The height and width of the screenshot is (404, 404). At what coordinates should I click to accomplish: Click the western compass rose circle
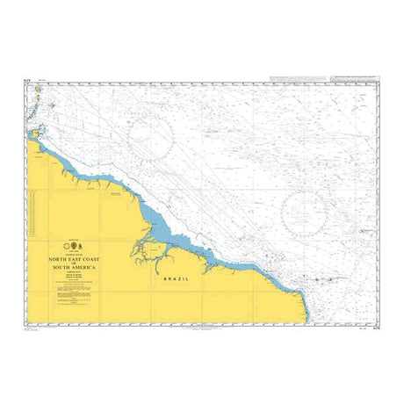coord(149,136)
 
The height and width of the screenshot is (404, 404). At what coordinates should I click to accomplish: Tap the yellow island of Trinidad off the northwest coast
coord(33,133)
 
